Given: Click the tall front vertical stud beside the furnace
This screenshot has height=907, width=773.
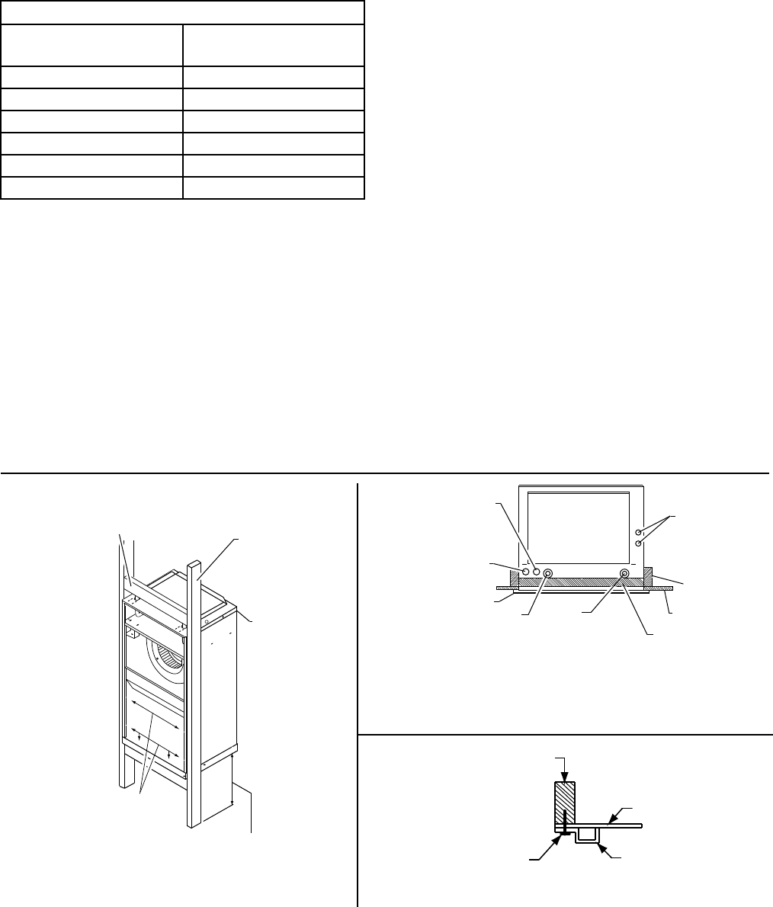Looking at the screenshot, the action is pos(194,686).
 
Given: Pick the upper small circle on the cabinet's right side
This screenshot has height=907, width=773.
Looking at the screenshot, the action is pos(639,531).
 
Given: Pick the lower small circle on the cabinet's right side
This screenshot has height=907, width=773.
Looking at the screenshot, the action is pos(639,543).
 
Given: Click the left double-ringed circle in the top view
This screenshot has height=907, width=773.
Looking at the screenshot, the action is pos(547,572).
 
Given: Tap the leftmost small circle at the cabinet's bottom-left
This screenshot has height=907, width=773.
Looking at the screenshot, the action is pos(524,571).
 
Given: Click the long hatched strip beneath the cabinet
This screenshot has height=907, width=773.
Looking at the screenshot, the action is pos(579,582).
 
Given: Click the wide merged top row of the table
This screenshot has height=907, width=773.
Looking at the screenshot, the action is pos(183,13).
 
